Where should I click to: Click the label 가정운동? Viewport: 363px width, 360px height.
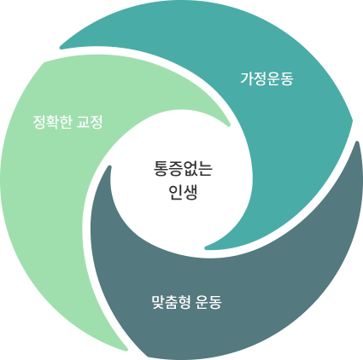tap(266, 78)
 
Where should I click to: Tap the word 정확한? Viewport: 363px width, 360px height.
tap(52, 122)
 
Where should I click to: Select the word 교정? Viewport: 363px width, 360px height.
tap(90, 122)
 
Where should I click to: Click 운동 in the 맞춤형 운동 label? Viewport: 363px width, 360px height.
tap(208, 302)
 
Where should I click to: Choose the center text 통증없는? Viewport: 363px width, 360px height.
tap(183, 169)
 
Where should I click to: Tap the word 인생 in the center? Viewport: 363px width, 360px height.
tap(183, 193)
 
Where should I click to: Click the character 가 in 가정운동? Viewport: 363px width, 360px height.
tap(247, 78)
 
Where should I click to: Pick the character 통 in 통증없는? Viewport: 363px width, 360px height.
tap(161, 169)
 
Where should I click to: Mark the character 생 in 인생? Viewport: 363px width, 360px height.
tap(190, 193)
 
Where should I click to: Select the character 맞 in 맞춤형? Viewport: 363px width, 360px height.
tap(158, 302)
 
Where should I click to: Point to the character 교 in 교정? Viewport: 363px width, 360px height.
tap(83, 122)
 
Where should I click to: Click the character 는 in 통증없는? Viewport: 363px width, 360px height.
tap(206, 169)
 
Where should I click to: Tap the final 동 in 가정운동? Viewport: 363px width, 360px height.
tap(287, 79)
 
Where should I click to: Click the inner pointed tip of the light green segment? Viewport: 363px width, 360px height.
tap(229, 125)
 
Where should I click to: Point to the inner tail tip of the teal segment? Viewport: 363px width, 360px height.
tap(206, 247)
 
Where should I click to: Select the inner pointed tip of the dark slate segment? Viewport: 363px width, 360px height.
tap(108, 166)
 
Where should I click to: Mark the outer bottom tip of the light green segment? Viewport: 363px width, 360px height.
tap(126, 350)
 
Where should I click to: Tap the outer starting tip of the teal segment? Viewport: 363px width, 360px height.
tap(61, 47)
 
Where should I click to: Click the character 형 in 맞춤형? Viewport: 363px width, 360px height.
tap(184, 302)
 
